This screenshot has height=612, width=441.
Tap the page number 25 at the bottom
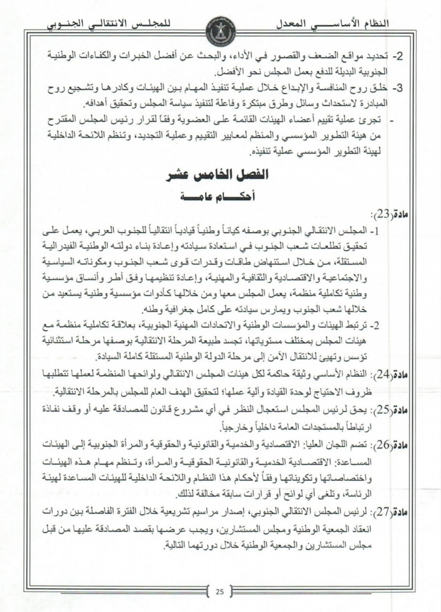(220, 591)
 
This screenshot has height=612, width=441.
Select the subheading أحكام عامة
(218, 197)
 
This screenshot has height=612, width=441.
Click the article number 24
(382, 375)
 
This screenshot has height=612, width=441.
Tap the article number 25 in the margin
(382, 410)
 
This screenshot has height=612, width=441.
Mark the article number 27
(382, 512)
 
